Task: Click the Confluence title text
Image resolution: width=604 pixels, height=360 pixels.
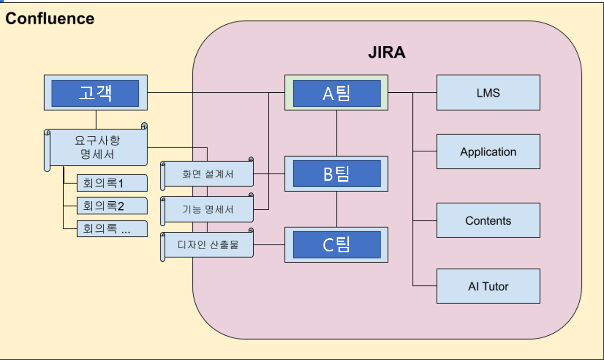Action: (50, 19)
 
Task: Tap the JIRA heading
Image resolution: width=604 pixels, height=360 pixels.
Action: (386, 52)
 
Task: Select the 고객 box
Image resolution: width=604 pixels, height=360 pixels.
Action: (96, 93)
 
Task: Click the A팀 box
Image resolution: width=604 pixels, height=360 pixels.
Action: (336, 93)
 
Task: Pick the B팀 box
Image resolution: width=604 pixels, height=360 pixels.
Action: (336, 174)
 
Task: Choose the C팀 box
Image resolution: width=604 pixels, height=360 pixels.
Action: (336, 244)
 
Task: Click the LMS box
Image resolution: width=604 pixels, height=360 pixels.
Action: (488, 93)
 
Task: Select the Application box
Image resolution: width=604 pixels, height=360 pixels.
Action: (488, 152)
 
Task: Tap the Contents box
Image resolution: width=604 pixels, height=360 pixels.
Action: (488, 220)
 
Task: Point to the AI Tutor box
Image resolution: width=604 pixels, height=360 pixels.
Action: (488, 286)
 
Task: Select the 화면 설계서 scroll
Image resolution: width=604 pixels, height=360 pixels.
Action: (207, 174)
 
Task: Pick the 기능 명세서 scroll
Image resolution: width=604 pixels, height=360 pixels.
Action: (207, 209)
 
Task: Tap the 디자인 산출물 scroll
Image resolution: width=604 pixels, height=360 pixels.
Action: (207, 244)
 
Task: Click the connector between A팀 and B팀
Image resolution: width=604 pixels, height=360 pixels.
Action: (337, 133)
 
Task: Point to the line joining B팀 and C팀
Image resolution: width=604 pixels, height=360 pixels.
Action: (337, 209)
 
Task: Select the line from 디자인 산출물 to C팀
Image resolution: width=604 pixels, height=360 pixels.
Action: (269, 245)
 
